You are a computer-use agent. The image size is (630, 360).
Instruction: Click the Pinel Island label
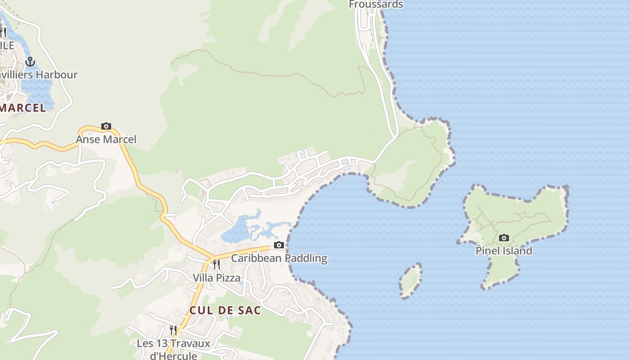coord(504,251)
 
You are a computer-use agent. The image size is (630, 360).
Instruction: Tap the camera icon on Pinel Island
coord(504,238)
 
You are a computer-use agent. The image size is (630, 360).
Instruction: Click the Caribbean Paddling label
coord(279,258)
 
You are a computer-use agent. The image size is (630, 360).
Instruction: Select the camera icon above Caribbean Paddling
coord(279,245)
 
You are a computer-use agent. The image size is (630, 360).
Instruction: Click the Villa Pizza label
coord(216,278)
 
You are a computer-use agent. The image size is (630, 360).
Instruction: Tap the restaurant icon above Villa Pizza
coord(216,265)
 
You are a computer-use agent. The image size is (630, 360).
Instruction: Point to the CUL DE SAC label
coord(225,310)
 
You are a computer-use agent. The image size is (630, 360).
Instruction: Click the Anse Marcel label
coord(106,139)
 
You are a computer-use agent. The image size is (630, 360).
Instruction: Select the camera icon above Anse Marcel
coord(106,126)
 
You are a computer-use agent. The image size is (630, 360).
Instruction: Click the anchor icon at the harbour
coord(30,62)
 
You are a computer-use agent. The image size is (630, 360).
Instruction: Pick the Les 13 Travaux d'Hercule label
coord(173,349)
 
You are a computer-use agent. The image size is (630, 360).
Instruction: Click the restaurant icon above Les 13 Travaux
coord(173,330)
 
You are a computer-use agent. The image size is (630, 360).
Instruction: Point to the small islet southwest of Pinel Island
coord(410,281)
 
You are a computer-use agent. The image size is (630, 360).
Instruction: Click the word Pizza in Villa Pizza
coord(229,278)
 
